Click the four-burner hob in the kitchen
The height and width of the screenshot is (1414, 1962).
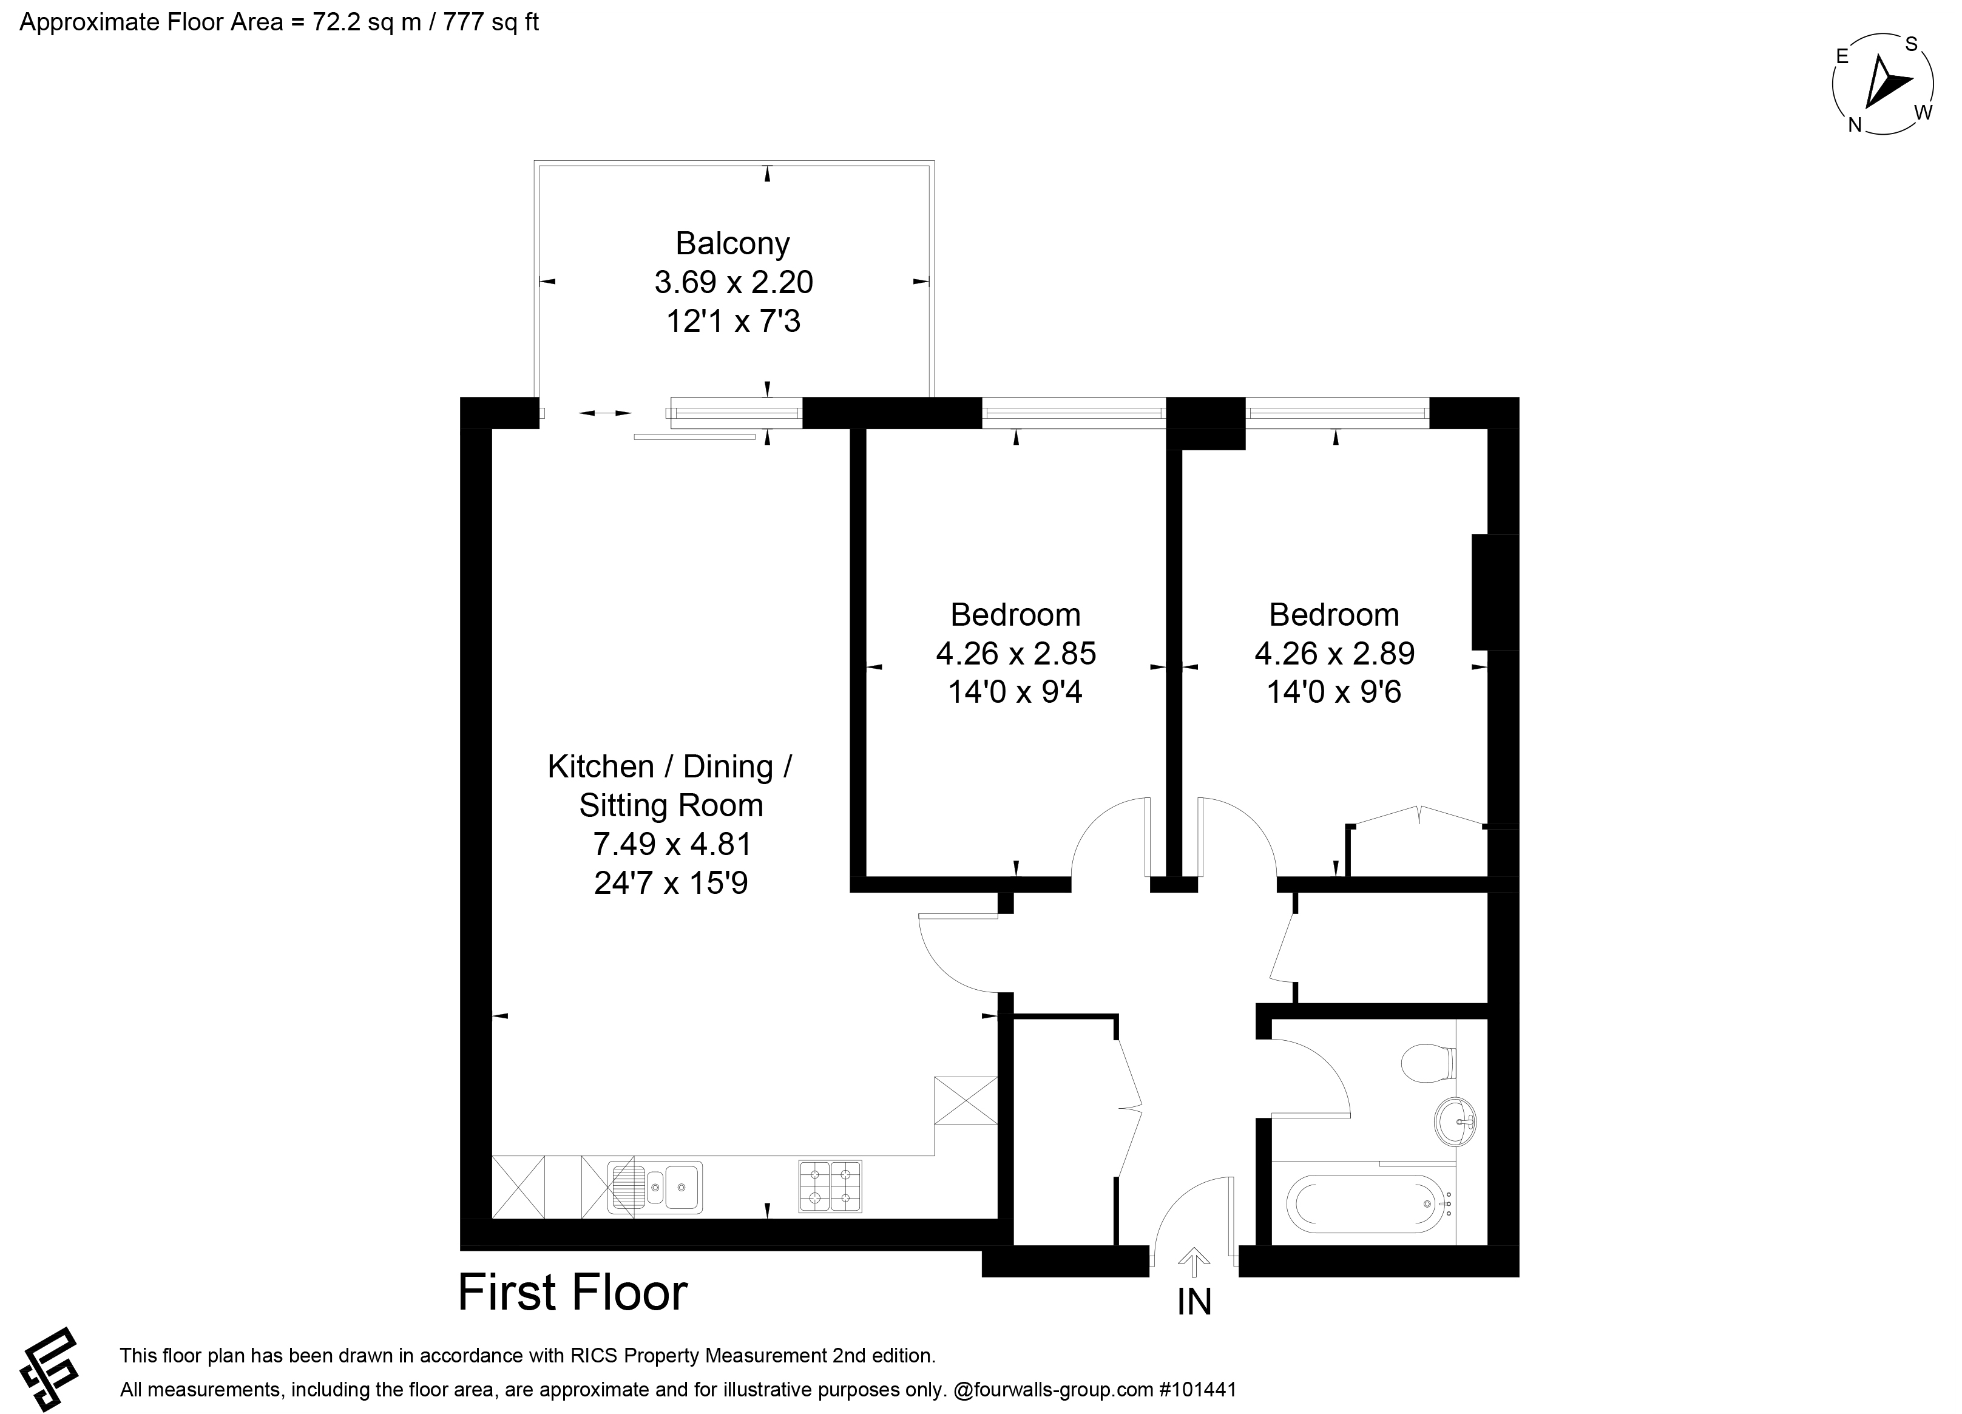[830, 1186]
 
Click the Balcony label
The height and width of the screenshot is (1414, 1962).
[732, 244]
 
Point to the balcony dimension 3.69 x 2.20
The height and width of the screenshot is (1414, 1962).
[734, 282]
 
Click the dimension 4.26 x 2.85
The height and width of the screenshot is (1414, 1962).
[1016, 653]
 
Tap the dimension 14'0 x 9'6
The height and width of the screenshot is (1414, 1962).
[1334, 692]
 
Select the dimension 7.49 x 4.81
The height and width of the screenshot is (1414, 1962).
[671, 843]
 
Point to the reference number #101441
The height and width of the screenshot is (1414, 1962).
[1197, 1390]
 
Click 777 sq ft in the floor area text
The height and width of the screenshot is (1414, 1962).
[490, 22]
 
